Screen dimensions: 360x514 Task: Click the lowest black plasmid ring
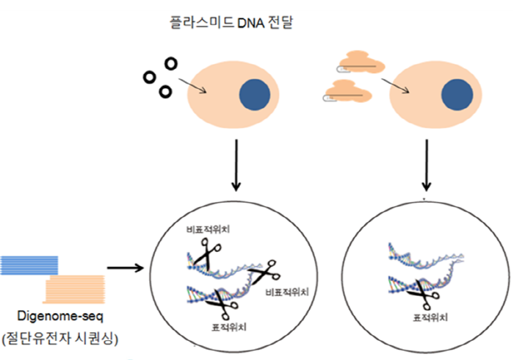click(165, 92)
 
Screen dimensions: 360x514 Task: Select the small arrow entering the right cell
click(395, 86)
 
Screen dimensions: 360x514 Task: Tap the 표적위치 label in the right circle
click(423, 319)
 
